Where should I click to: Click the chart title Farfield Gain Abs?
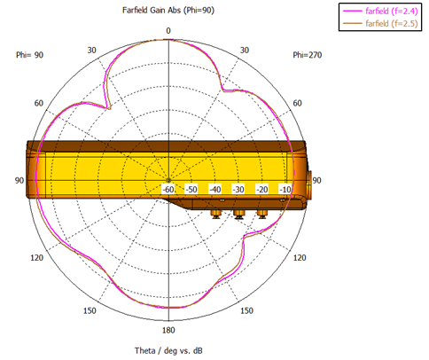pyautogui.click(x=152, y=11)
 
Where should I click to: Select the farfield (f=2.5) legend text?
pyautogui.click(x=392, y=23)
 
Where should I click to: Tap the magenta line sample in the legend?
pyautogui.click(x=352, y=11)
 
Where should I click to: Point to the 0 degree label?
pyautogui.click(x=168, y=31)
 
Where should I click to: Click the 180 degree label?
pyautogui.click(x=168, y=330)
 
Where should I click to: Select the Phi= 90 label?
pyautogui.click(x=29, y=55)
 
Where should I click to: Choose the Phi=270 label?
pyautogui.click(x=308, y=55)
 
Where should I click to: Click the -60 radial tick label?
pyautogui.click(x=168, y=189)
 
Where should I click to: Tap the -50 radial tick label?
pyautogui.click(x=191, y=189)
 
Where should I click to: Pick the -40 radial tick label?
pyautogui.click(x=214, y=189)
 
